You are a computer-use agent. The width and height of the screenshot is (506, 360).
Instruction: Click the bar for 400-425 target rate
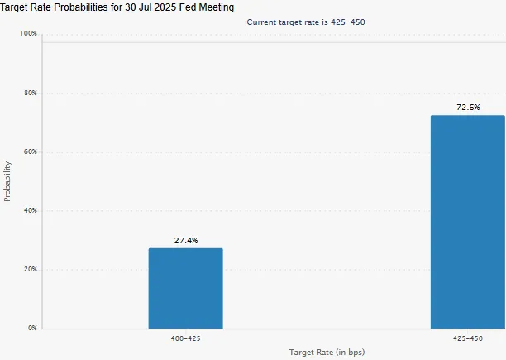point(185,288)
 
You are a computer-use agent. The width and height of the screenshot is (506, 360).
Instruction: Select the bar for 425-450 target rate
point(467,222)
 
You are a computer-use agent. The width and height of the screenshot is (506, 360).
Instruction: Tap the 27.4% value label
point(185,241)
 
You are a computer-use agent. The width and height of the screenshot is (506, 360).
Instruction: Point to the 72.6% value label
point(467,108)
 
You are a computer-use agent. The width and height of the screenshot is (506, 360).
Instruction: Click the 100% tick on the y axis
point(29,34)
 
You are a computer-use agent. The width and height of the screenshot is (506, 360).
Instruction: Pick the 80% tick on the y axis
point(31,94)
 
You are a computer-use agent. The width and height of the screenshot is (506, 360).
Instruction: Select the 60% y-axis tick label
point(31,152)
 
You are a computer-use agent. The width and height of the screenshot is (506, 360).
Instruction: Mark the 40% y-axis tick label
point(31,211)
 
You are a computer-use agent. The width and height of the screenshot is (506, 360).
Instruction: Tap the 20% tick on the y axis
point(31,270)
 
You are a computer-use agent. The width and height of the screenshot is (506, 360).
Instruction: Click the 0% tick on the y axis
point(32,329)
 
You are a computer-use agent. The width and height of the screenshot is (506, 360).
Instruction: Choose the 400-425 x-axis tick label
point(185,338)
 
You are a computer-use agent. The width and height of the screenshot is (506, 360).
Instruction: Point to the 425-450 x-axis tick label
point(467,338)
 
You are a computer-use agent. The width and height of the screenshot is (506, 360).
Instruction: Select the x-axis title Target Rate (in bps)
point(327,353)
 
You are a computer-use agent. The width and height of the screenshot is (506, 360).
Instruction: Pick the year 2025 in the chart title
point(165,7)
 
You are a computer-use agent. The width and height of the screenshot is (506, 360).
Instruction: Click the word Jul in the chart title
point(145,7)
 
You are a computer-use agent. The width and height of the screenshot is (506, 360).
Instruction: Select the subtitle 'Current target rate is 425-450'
point(306,22)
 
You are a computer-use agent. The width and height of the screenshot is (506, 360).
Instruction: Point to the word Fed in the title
point(187,7)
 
